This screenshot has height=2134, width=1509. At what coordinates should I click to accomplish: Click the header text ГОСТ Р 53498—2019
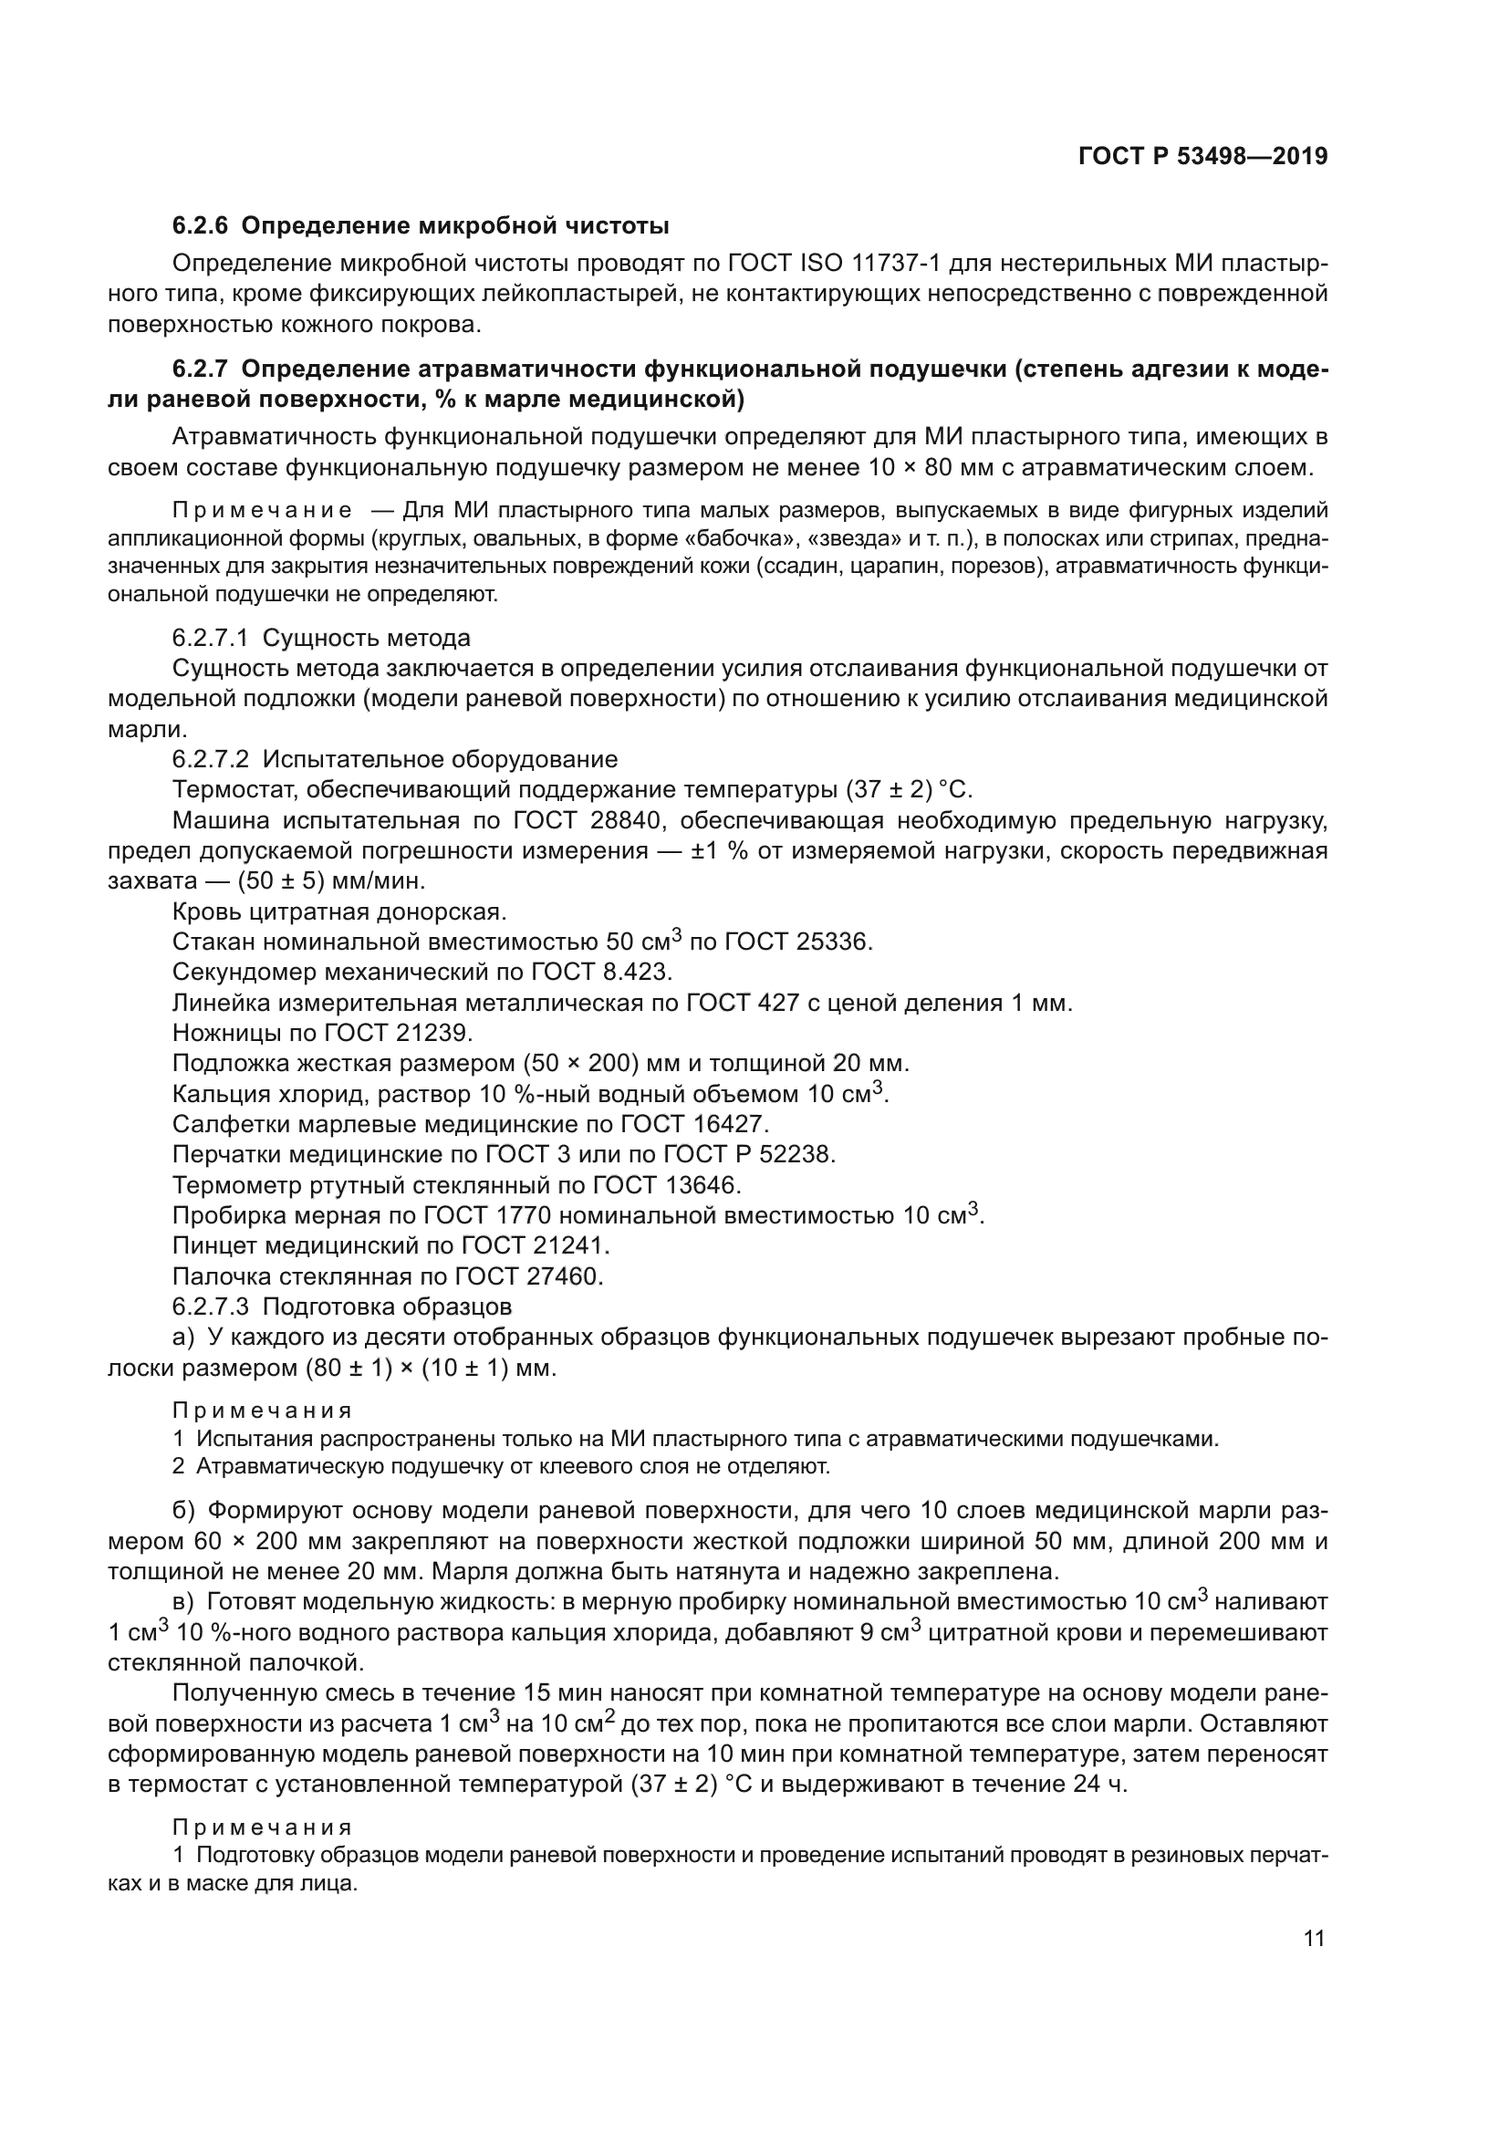[x=1202, y=156]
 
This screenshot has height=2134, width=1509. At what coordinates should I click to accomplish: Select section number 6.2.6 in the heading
[x=200, y=226]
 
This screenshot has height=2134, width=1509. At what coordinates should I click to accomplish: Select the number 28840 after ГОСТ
[x=641, y=821]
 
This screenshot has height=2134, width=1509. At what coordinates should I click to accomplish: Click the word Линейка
[x=223, y=1003]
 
